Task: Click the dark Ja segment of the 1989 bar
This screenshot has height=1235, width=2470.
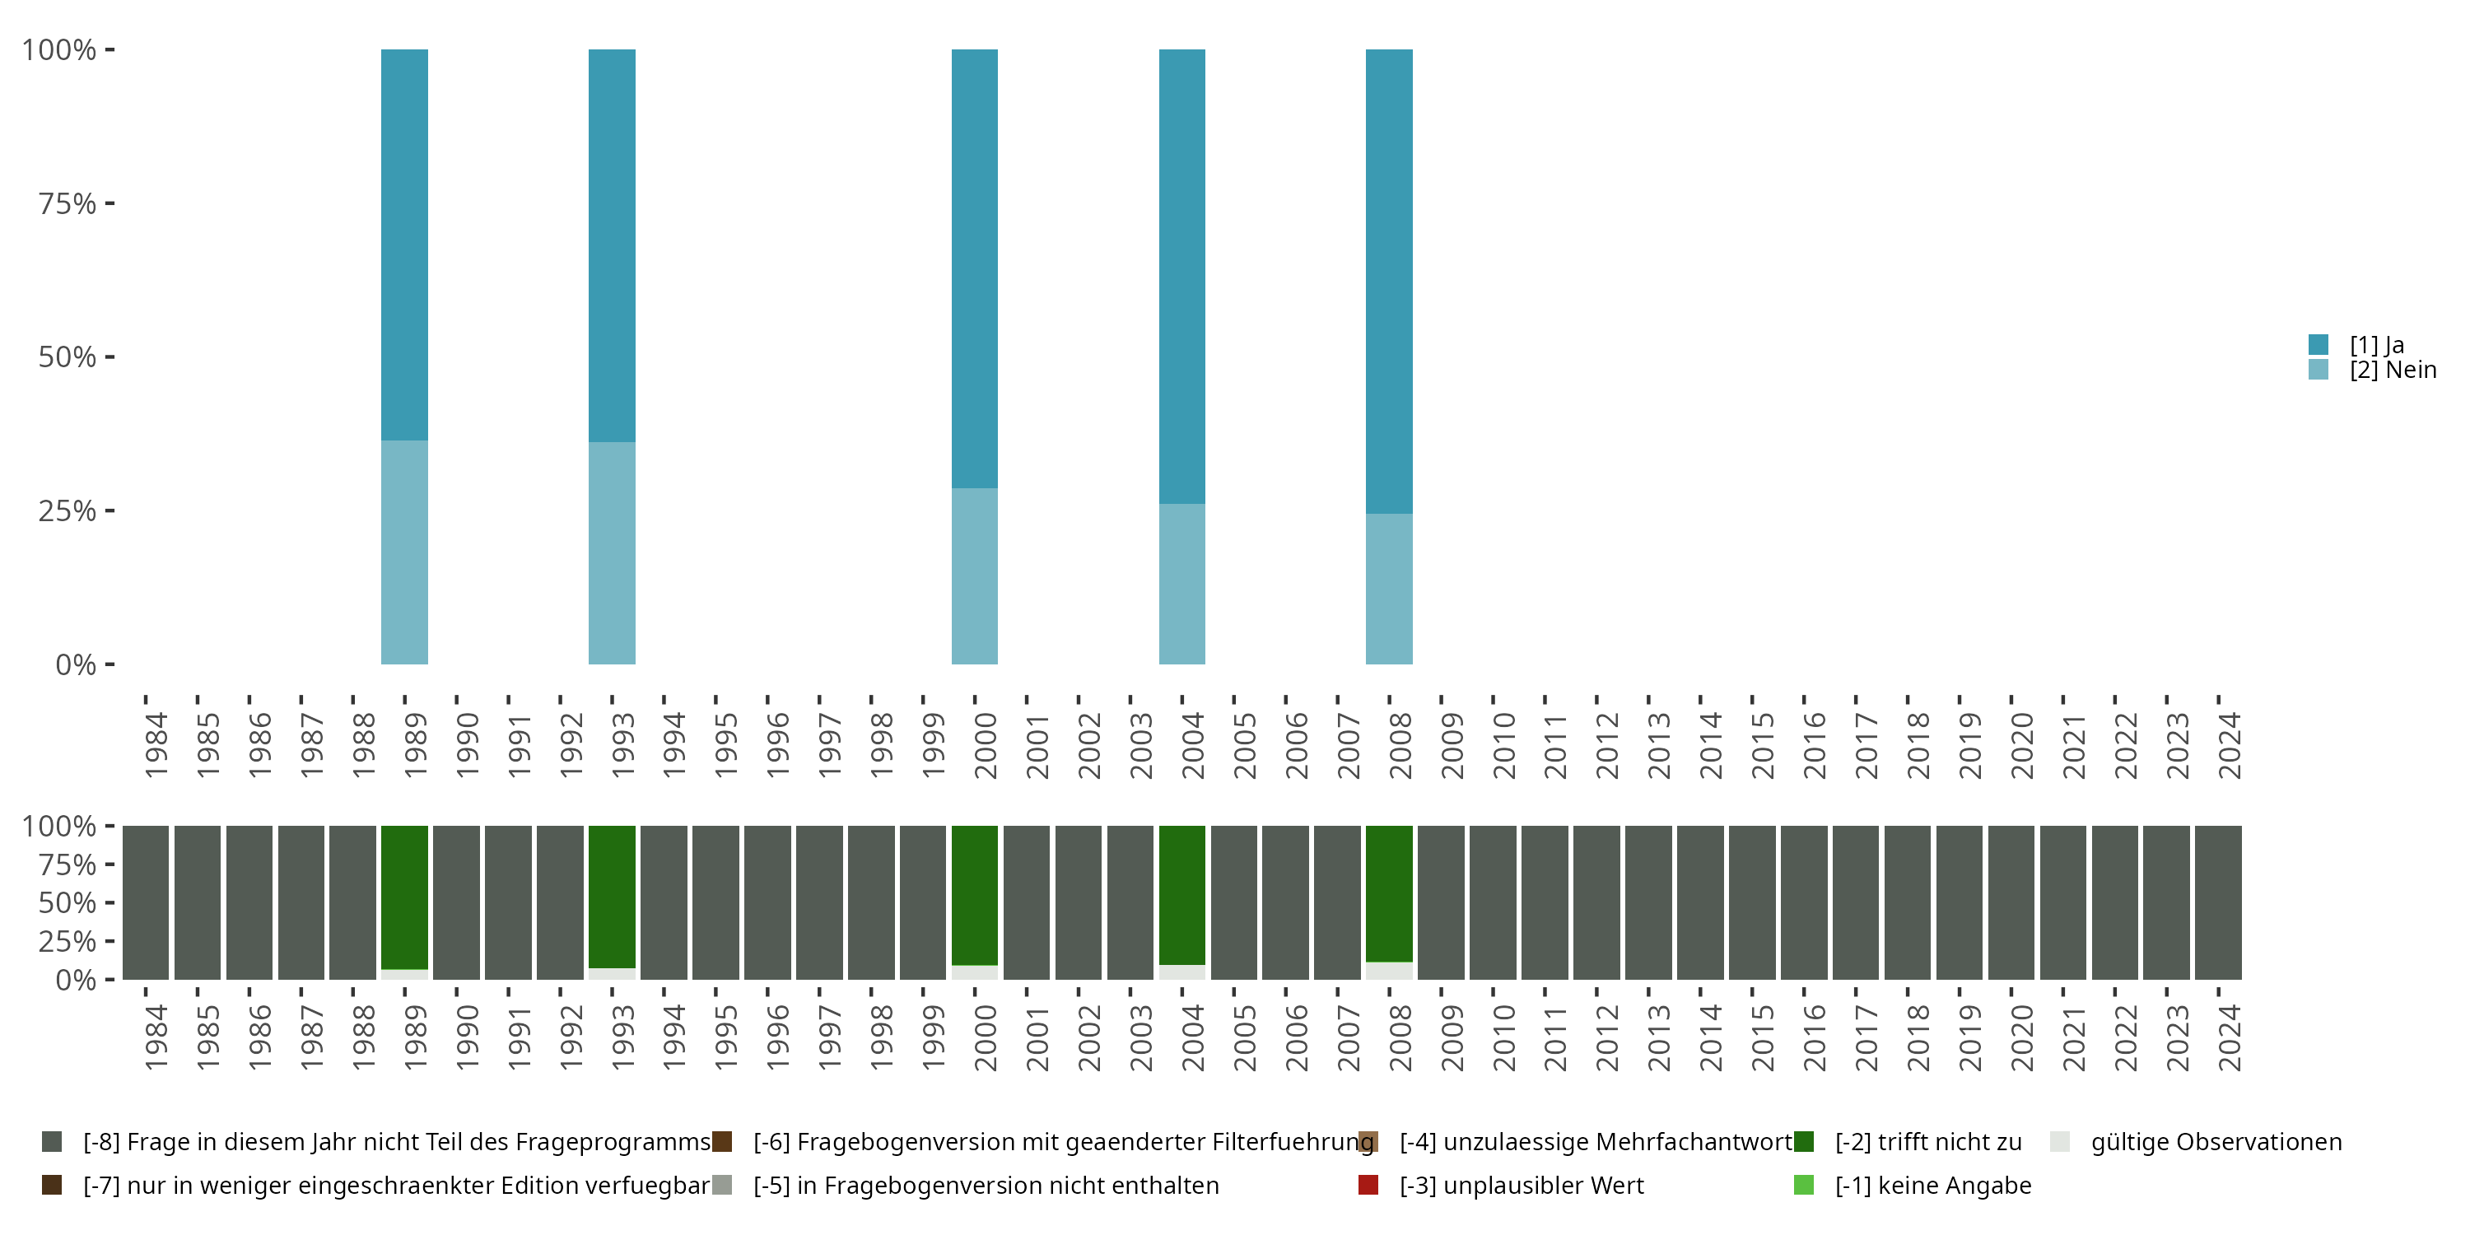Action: tap(404, 245)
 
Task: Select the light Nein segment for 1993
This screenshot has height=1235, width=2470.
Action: tap(612, 552)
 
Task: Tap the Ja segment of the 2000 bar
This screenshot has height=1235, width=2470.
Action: tap(974, 268)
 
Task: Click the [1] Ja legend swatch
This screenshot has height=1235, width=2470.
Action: tap(2318, 344)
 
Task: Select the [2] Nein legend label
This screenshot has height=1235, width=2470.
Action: tap(2393, 370)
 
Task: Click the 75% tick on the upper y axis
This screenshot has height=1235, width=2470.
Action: tap(68, 203)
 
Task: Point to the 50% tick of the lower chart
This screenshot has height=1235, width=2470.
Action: tap(68, 902)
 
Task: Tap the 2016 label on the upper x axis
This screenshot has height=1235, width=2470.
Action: tap(1814, 745)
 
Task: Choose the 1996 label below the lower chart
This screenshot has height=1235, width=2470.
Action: tap(777, 1037)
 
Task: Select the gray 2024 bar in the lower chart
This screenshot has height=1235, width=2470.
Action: tap(2218, 902)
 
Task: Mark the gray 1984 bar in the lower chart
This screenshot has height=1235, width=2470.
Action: tap(146, 902)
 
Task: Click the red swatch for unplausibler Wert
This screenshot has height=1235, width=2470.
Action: tap(1368, 1185)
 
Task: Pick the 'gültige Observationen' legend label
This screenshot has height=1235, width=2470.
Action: tap(2216, 1142)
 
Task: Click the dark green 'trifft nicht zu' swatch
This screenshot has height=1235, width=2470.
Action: tap(1804, 1142)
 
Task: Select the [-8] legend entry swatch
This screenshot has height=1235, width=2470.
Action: tap(52, 1142)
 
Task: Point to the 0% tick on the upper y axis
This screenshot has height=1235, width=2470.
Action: tap(75, 664)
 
